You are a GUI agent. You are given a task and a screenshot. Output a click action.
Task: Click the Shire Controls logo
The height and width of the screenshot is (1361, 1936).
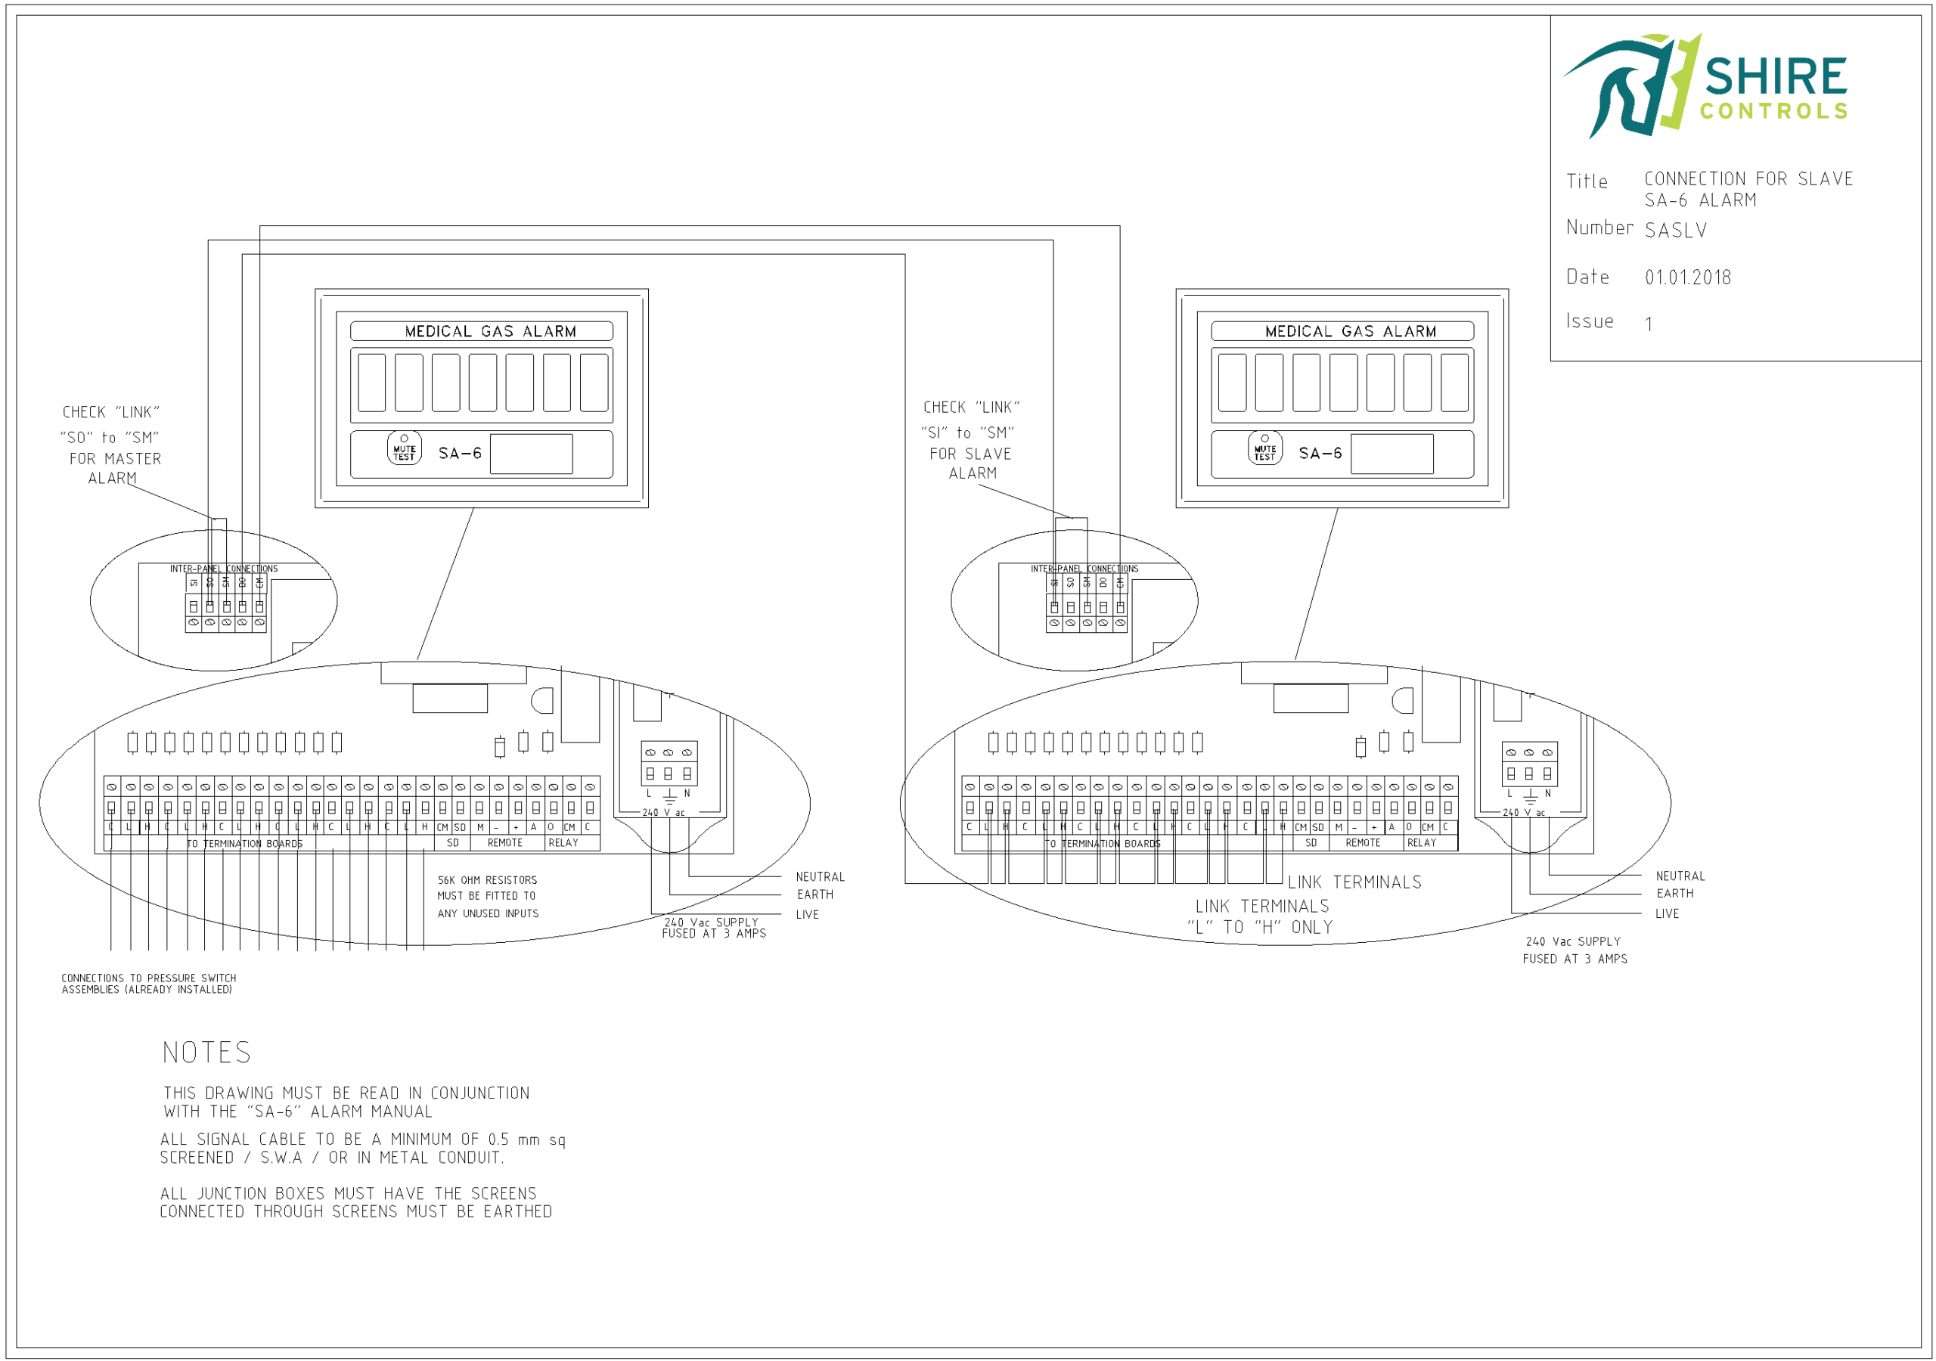[x=1705, y=86]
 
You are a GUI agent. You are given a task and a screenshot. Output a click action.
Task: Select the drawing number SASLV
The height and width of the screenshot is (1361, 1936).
[x=1675, y=230]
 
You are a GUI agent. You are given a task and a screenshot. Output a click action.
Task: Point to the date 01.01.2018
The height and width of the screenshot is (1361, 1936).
[x=1687, y=277]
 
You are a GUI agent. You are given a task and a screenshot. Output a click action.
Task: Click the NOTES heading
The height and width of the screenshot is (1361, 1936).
[x=206, y=1053]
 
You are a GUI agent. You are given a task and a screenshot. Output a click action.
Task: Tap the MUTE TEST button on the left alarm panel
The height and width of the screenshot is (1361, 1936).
[x=404, y=449]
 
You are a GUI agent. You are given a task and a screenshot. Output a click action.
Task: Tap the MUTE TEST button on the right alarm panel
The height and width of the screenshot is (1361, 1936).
[x=1264, y=449]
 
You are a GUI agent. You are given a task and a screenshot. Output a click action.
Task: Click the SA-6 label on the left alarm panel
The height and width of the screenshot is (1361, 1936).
[x=460, y=454]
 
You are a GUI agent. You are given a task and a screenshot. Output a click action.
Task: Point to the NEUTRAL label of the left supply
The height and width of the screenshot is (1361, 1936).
[x=820, y=877]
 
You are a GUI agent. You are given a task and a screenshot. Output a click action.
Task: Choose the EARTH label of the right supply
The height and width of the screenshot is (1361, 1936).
[x=1674, y=894]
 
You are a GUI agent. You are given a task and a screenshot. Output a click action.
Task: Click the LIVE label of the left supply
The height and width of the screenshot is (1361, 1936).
[x=807, y=915]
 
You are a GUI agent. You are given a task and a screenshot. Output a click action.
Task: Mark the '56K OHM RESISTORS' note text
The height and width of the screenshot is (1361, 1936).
[x=486, y=880]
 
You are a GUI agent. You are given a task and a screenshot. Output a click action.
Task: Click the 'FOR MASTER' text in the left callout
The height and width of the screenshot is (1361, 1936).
[x=115, y=459]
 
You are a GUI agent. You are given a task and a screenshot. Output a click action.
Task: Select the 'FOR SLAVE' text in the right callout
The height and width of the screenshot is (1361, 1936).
[x=970, y=454]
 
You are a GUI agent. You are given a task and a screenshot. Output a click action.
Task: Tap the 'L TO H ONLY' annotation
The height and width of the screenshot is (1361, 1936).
[x=1260, y=928]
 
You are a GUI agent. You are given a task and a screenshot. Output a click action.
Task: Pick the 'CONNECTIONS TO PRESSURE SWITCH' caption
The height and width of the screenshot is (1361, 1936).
[x=148, y=978]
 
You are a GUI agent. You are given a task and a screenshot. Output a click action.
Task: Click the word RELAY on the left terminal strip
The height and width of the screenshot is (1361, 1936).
[x=563, y=843]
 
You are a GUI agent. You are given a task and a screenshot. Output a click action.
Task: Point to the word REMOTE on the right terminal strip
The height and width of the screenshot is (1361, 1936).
[x=1363, y=843]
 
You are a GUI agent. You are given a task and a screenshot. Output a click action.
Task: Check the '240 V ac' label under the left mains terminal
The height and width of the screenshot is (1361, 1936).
[x=663, y=813]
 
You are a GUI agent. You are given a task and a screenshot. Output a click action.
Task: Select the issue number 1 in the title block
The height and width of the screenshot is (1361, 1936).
[x=1649, y=324]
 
